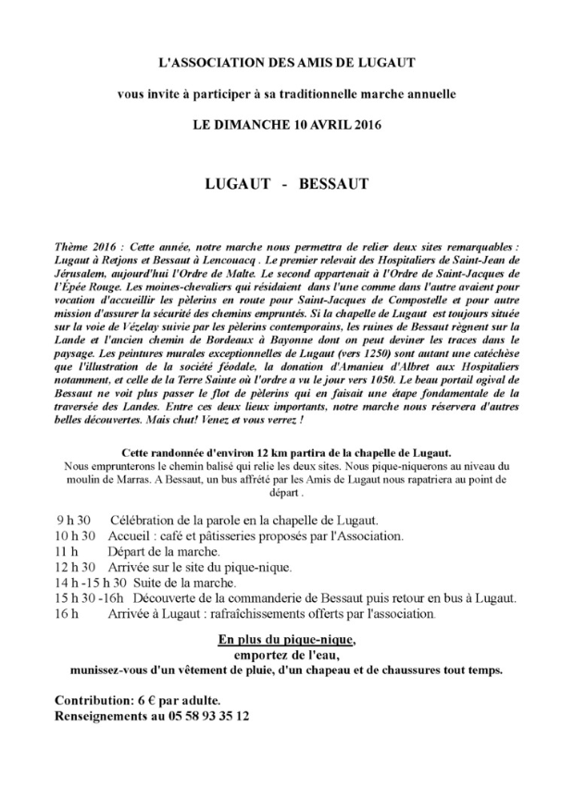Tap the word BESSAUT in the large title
click(334, 184)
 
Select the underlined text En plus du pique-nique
click(286, 640)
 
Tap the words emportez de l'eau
click(286, 656)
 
